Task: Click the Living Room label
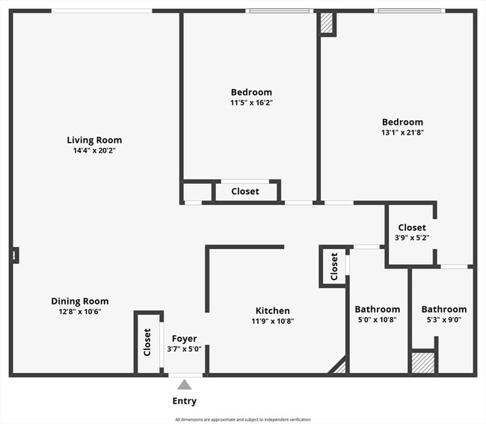click(x=94, y=140)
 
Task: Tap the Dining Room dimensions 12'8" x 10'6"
click(x=80, y=312)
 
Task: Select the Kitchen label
click(x=273, y=310)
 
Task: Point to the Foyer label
click(x=185, y=339)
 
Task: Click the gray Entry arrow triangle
click(x=185, y=384)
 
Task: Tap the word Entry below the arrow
click(x=185, y=401)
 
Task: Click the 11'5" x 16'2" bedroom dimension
click(x=251, y=102)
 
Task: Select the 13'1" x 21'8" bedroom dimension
click(x=402, y=132)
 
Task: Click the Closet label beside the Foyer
click(x=147, y=342)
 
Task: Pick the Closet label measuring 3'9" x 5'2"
click(x=412, y=227)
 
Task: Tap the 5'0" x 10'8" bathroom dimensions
click(x=377, y=319)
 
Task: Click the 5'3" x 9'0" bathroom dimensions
click(x=444, y=319)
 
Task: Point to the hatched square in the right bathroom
click(x=423, y=363)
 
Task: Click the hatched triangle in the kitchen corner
click(x=341, y=368)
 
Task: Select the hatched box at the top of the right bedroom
click(x=327, y=22)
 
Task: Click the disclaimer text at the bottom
click(x=243, y=420)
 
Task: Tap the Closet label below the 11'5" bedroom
click(x=245, y=191)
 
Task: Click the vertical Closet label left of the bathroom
click(x=333, y=266)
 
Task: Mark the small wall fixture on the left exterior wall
click(x=14, y=256)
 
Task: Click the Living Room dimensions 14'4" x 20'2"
click(x=94, y=150)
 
